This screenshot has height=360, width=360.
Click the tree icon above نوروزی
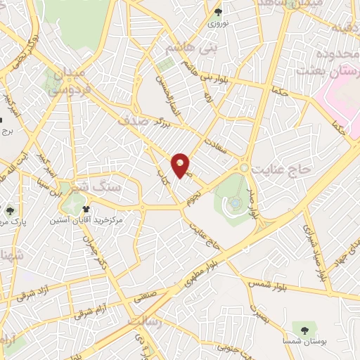click(x=218, y=12)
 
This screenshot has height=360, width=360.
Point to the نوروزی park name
click(x=218, y=23)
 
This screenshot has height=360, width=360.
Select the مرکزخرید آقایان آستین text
click(x=86, y=220)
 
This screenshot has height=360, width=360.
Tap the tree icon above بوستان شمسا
click(x=304, y=328)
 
